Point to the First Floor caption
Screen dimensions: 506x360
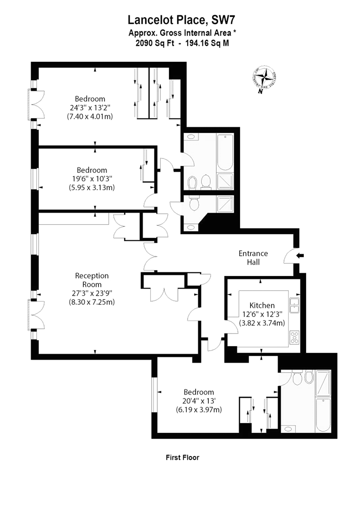click(x=183, y=457)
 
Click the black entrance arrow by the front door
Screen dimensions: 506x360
click(x=300, y=255)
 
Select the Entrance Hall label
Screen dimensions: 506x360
click(x=253, y=258)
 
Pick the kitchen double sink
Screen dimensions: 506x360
click(x=294, y=305)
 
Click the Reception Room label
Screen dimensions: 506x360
click(x=91, y=280)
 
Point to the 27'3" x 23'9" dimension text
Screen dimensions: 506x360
click(x=91, y=293)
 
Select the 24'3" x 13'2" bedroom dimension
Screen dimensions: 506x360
click(x=90, y=107)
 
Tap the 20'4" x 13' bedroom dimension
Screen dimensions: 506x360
click(x=198, y=401)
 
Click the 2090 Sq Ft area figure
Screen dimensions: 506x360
click(x=153, y=43)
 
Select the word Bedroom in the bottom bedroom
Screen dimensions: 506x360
click(x=198, y=392)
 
